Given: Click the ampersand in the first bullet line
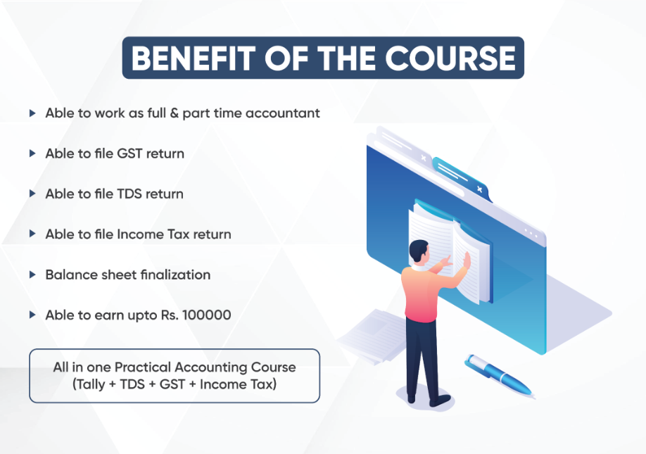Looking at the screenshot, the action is tap(175, 113).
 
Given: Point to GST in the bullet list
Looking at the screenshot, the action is tap(129, 153).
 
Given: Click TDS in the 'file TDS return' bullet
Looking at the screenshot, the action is tap(129, 194).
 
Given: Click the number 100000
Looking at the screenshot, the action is tap(206, 315).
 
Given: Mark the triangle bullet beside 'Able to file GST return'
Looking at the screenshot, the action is tap(32, 153).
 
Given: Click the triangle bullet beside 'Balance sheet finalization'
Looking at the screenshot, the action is tap(32, 275).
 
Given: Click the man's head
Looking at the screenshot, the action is tap(419, 251).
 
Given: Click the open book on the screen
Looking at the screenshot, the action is tap(450, 252).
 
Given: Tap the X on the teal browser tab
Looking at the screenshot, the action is tap(479, 189).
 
